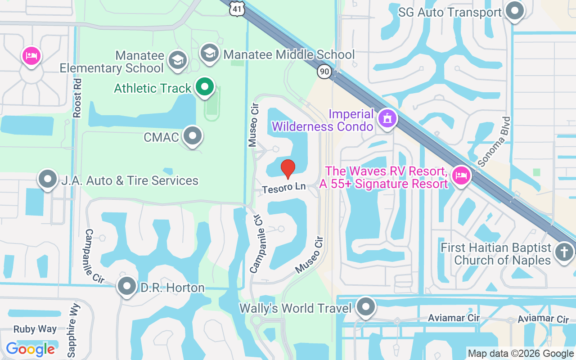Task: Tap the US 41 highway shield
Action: (x=236, y=9)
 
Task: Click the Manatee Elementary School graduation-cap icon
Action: (x=177, y=60)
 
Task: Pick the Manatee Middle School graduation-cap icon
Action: (x=209, y=53)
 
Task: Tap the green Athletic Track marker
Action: (x=205, y=87)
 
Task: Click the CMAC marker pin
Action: (x=193, y=135)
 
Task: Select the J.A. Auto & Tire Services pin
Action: (x=48, y=180)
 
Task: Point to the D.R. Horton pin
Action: (x=126, y=286)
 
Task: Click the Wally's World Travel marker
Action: (x=365, y=307)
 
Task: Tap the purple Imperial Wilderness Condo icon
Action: (x=386, y=119)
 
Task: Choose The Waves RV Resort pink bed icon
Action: (x=460, y=175)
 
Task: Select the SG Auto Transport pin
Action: (x=514, y=11)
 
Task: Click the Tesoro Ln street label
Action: (x=284, y=188)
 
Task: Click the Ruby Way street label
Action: (x=35, y=329)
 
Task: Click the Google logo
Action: (x=30, y=349)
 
